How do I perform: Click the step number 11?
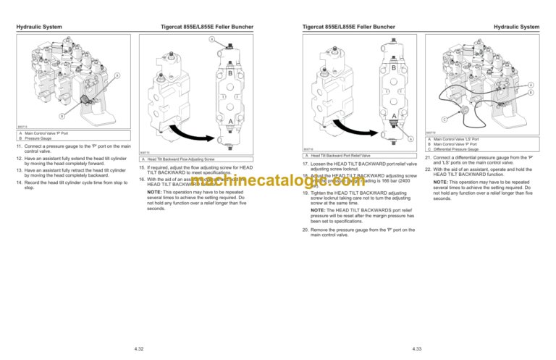pyautogui.click(x=17, y=148)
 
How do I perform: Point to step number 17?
pyautogui.click(x=304, y=164)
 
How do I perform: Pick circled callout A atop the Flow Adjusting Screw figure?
pyautogui.click(x=211, y=39)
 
